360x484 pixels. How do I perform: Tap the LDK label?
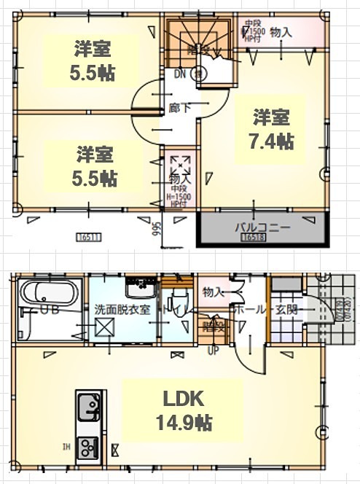coord(181,399)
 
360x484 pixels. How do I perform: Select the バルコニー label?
coord(262,227)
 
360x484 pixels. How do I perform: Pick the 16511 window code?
coord(87,237)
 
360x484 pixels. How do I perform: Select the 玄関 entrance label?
coord(287,309)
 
